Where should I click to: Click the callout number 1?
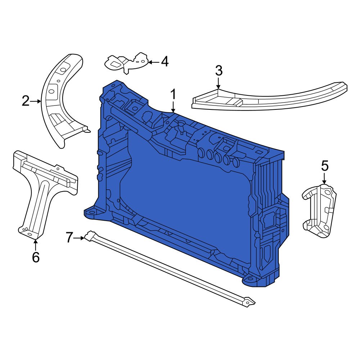(x=173, y=95)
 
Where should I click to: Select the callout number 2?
(x=25, y=102)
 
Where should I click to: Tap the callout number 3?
(x=219, y=71)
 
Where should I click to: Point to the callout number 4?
(x=165, y=62)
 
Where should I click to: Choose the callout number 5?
(x=325, y=166)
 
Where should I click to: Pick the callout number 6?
(x=36, y=257)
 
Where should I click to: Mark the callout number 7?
(x=70, y=238)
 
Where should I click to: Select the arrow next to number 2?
(x=36, y=102)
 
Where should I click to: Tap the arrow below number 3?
(x=219, y=84)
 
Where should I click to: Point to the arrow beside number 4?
(x=153, y=62)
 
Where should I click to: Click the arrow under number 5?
(x=324, y=179)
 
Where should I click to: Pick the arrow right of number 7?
(x=80, y=238)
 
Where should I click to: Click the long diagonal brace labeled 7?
(x=169, y=270)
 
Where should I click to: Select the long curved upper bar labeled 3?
(x=270, y=99)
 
